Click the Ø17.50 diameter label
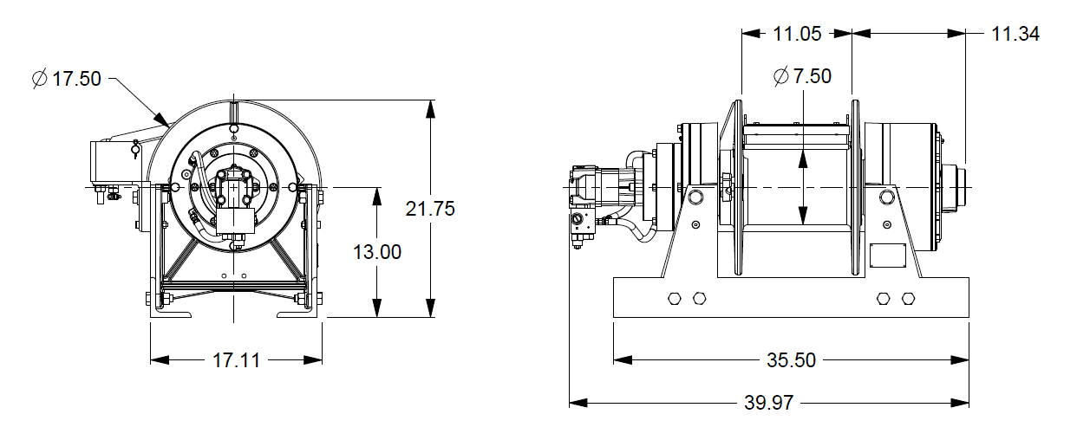point(67,79)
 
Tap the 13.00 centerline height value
point(377,252)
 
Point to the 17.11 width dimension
point(235,360)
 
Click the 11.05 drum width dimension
point(797,34)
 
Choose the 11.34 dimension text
point(1015,34)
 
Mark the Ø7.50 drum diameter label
point(802,76)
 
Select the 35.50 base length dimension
point(792,359)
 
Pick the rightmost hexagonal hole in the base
point(908,299)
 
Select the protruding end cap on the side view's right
point(957,187)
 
